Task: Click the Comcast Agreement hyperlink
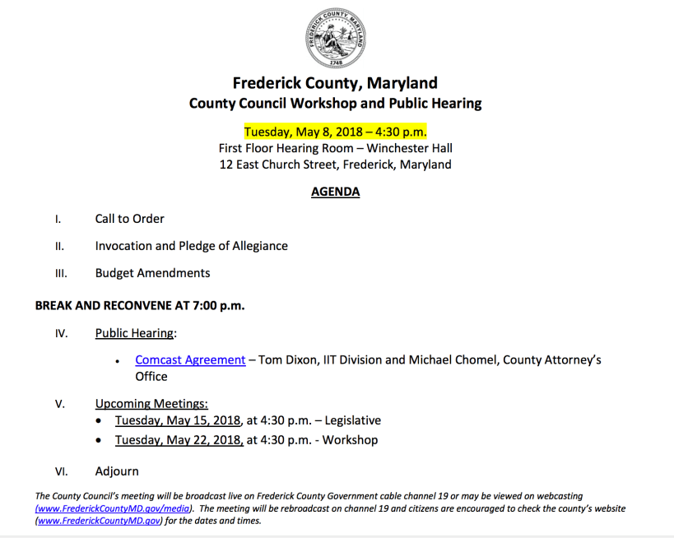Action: [x=190, y=359]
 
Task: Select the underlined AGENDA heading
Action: [x=335, y=192]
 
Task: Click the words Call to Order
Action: [x=129, y=219]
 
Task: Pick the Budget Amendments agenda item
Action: [x=152, y=273]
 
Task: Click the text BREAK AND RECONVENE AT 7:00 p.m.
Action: [x=140, y=305]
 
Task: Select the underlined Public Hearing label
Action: [x=134, y=333]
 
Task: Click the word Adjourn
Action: [x=117, y=471]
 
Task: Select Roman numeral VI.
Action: [x=61, y=472]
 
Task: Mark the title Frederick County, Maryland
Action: [x=335, y=83]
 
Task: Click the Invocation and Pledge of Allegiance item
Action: [x=191, y=246]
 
